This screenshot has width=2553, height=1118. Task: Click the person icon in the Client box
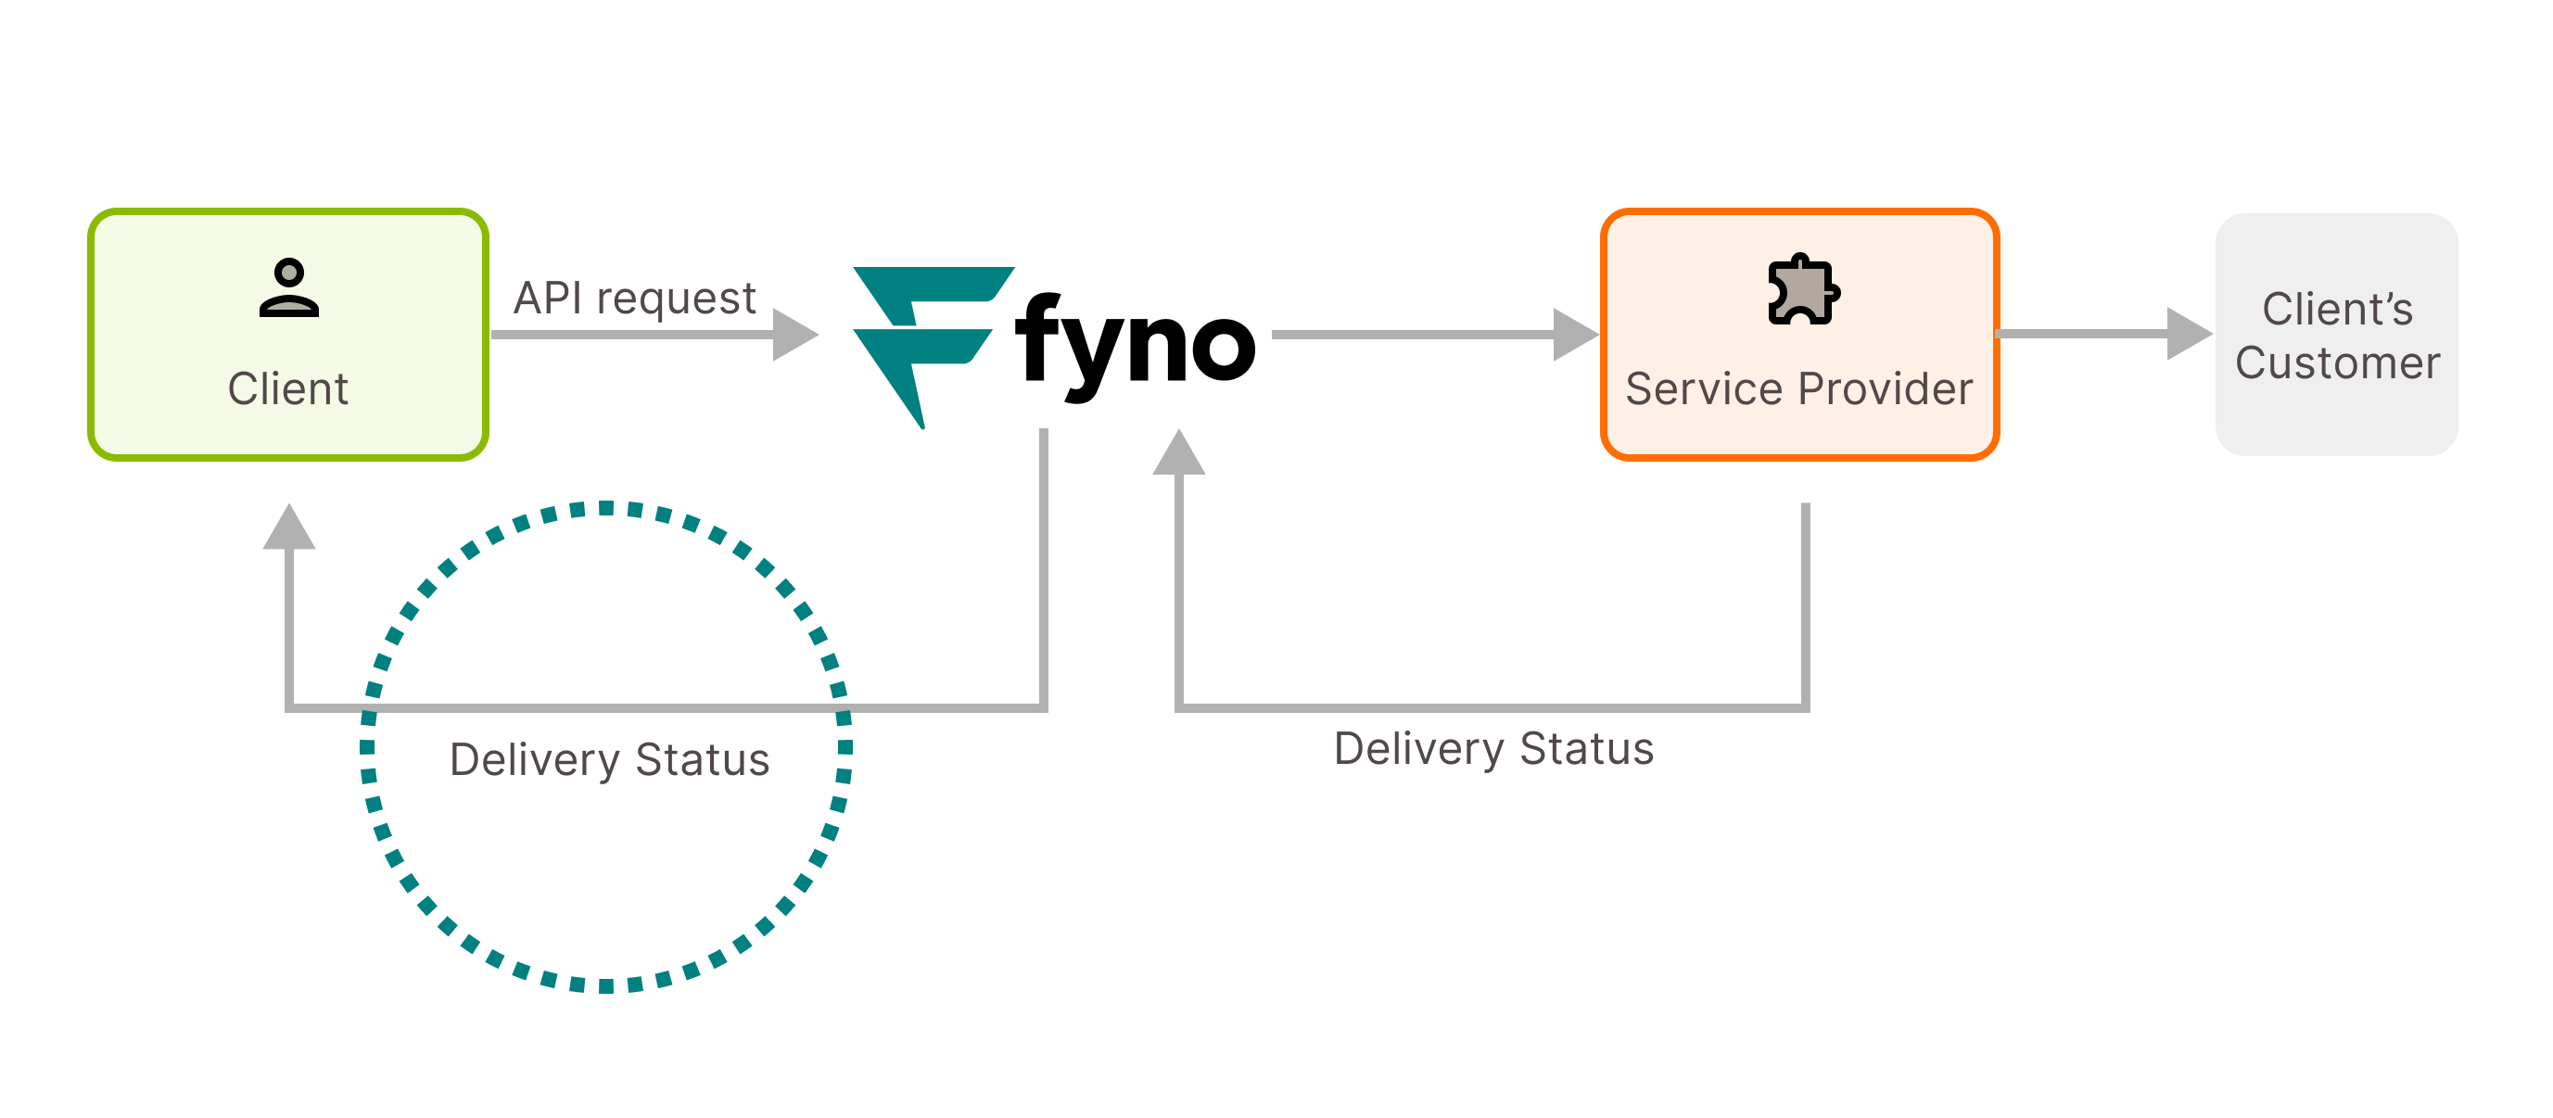tap(288, 287)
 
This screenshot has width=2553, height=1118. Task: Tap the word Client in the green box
tap(287, 388)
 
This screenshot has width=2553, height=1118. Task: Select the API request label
tap(634, 299)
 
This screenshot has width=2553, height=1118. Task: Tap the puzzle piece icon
tap(1803, 289)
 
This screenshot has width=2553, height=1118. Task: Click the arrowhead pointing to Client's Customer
tap(2188, 334)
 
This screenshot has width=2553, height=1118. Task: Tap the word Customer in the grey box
tap(2337, 362)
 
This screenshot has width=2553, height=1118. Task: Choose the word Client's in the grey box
tap(2337, 310)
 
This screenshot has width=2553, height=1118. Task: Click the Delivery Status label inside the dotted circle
tap(608, 760)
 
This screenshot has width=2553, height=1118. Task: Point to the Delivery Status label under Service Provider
tap(1493, 749)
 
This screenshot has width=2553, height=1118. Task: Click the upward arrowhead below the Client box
tap(288, 528)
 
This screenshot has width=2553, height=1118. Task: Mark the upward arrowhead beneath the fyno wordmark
tap(1178, 454)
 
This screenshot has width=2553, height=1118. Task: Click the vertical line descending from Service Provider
tap(1805, 604)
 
